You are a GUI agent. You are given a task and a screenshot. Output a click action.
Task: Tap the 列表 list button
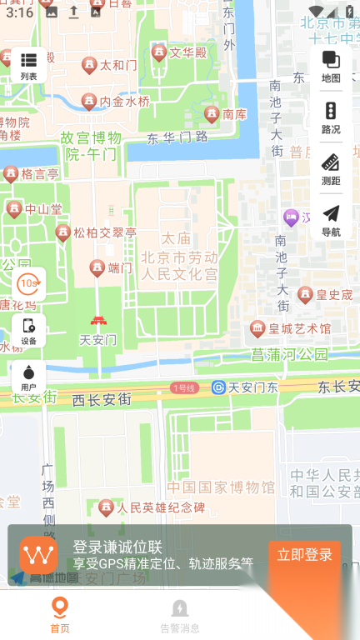point(29,65)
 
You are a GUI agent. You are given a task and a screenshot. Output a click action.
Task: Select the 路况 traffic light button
point(331,117)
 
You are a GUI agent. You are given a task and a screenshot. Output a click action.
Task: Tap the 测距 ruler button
point(331,168)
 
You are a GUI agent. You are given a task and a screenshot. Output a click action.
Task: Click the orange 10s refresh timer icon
point(29,284)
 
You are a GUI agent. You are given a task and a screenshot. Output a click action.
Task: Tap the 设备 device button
point(29,331)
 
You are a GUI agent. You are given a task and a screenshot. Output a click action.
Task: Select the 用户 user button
point(29,377)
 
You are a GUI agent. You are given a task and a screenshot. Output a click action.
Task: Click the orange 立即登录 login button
point(304,555)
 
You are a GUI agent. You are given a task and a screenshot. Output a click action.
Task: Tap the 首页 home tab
point(59,616)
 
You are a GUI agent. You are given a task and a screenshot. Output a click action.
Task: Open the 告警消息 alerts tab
point(180,616)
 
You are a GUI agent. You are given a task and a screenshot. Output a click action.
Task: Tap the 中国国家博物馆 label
point(221,487)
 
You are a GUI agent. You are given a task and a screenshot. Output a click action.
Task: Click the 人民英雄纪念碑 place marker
point(107,507)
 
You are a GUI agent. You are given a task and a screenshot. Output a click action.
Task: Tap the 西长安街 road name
point(102,400)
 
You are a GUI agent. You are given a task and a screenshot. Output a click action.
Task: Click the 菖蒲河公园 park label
point(290,355)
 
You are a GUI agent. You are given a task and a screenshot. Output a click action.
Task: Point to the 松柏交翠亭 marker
point(63,232)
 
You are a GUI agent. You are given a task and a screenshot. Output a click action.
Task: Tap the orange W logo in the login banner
point(39,555)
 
